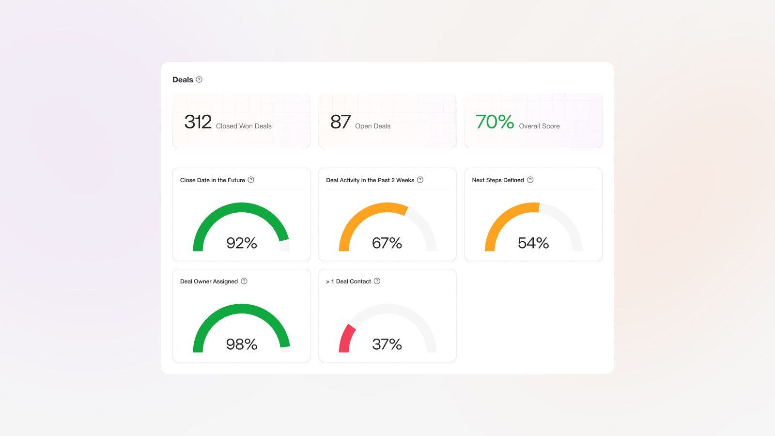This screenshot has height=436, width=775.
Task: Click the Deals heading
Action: (x=183, y=80)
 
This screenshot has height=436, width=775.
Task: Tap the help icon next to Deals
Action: (x=199, y=79)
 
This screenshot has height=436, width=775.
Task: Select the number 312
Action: (x=198, y=122)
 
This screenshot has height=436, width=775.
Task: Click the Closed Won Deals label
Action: (x=244, y=126)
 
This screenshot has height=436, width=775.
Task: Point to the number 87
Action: (x=340, y=122)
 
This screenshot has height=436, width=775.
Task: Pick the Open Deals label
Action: (x=372, y=126)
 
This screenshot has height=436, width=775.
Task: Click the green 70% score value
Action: (x=495, y=122)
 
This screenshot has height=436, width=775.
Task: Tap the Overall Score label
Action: (x=539, y=126)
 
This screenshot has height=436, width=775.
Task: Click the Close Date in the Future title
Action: (x=212, y=180)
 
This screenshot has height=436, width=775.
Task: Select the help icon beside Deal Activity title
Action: (x=420, y=180)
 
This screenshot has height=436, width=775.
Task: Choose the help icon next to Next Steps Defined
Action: (x=530, y=180)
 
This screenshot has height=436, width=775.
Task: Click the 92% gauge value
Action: (x=242, y=243)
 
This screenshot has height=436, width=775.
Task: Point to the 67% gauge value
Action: (x=387, y=243)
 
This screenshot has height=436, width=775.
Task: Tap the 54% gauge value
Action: (x=533, y=243)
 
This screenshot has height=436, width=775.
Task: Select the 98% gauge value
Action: (x=242, y=344)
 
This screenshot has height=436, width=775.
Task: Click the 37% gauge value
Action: (x=387, y=344)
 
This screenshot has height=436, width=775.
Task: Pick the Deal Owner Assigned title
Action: (x=209, y=281)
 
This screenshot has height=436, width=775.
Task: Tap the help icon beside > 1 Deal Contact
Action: (x=377, y=281)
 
